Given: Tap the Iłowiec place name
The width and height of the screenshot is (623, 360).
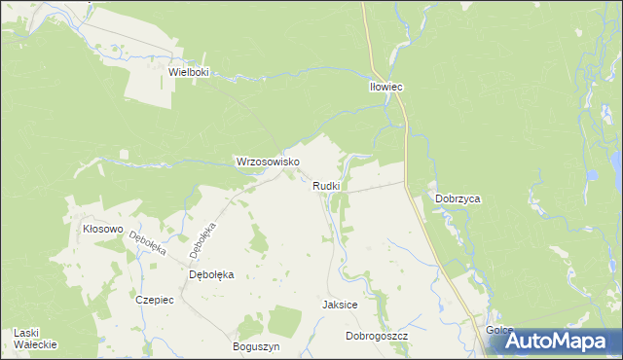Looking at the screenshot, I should [386, 87].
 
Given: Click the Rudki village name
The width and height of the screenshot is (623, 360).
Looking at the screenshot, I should [326, 186].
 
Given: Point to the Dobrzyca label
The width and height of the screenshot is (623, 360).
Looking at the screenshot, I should [458, 198].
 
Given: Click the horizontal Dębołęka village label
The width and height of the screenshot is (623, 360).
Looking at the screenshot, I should [211, 274].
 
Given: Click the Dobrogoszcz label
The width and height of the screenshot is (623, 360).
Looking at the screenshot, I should [377, 336].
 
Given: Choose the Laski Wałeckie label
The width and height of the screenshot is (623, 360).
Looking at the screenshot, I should [36, 339].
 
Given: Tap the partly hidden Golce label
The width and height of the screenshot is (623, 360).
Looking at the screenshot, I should [495, 331].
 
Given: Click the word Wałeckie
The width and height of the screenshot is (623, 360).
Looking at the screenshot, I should [36, 345].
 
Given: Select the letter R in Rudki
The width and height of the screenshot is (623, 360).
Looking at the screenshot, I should [316, 186].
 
